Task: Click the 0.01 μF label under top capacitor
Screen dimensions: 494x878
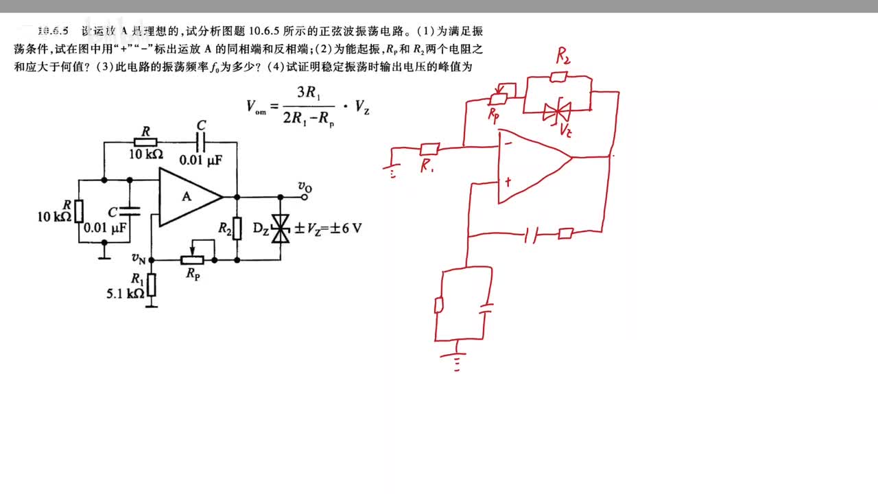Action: [200, 160]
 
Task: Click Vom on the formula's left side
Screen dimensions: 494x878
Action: [257, 106]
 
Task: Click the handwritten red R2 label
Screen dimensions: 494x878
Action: [562, 57]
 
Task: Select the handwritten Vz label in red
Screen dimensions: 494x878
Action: [566, 130]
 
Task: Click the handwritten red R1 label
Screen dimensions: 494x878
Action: [427, 165]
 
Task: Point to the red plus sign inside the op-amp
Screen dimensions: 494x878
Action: [508, 183]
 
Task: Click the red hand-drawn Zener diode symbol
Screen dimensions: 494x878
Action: [557, 110]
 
